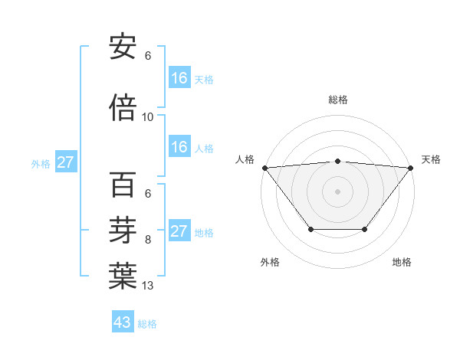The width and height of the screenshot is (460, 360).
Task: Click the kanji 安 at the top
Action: click(123, 47)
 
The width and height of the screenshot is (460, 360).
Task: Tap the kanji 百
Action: click(123, 185)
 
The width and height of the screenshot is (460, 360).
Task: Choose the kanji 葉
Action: click(123, 276)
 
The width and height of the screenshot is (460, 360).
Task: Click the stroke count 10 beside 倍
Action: click(148, 117)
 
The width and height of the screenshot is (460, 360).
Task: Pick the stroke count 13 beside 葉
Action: click(148, 286)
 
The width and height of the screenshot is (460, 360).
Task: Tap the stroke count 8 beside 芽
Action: click(148, 240)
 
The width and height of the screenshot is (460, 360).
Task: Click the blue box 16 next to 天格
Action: click(179, 78)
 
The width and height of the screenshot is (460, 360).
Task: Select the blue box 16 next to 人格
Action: click(179, 147)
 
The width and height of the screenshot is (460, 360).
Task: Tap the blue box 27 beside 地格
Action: click(179, 231)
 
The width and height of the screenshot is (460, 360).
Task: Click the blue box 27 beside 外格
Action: click(66, 162)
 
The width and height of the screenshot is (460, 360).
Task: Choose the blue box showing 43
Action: click(123, 322)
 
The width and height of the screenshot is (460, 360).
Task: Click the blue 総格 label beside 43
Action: click(147, 324)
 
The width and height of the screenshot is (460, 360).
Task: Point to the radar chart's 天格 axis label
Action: click(431, 159)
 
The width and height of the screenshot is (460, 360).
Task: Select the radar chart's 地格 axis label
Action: click(402, 263)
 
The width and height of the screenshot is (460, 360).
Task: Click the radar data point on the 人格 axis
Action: click(264, 168)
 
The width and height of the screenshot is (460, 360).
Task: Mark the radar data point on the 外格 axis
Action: click(310, 229)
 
